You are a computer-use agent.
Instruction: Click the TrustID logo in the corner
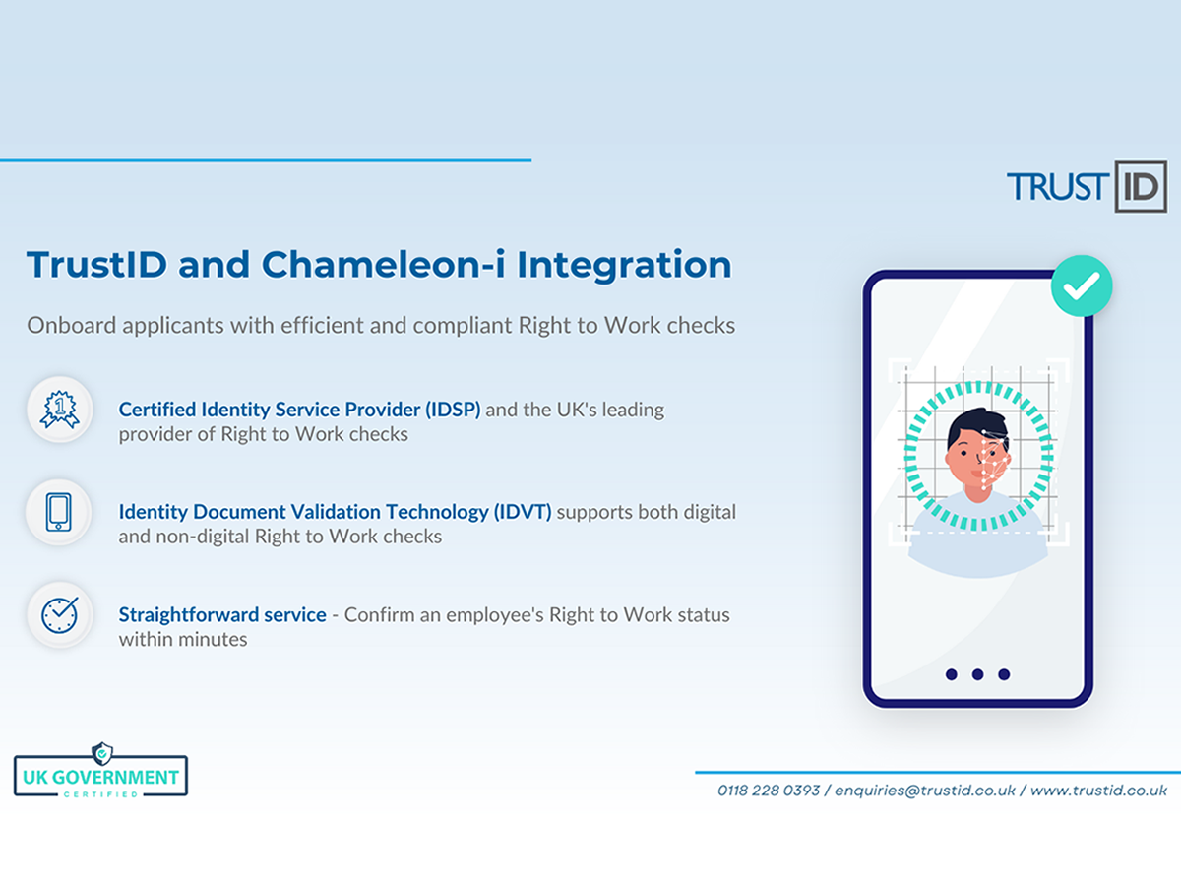pyautogui.click(x=1087, y=187)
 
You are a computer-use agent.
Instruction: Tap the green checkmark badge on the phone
pyautogui.click(x=1082, y=285)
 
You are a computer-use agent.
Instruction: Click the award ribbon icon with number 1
pyautogui.click(x=60, y=410)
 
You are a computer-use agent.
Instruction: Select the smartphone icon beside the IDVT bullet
pyautogui.click(x=59, y=512)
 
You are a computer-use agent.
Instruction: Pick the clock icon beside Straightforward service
pyautogui.click(x=60, y=614)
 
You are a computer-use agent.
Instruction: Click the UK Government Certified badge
pyautogui.click(x=101, y=771)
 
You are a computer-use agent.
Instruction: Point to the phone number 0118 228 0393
pyautogui.click(x=769, y=791)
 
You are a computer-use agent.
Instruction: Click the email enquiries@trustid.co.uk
pyautogui.click(x=925, y=791)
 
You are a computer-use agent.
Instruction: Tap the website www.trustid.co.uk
pyautogui.click(x=1098, y=791)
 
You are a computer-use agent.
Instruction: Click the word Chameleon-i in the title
pyautogui.click(x=383, y=265)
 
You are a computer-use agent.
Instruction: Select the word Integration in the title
pyautogui.click(x=624, y=266)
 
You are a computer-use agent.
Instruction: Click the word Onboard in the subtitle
pyautogui.click(x=72, y=326)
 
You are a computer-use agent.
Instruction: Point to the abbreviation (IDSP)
pyautogui.click(x=453, y=410)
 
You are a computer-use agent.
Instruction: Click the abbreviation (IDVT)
pyautogui.click(x=523, y=512)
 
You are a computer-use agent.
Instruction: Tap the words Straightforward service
pyautogui.click(x=222, y=615)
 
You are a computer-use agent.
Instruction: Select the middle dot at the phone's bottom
pyautogui.click(x=977, y=674)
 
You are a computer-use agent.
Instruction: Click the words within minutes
pyautogui.click(x=183, y=640)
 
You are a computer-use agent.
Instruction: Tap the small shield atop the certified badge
pyautogui.click(x=101, y=753)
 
